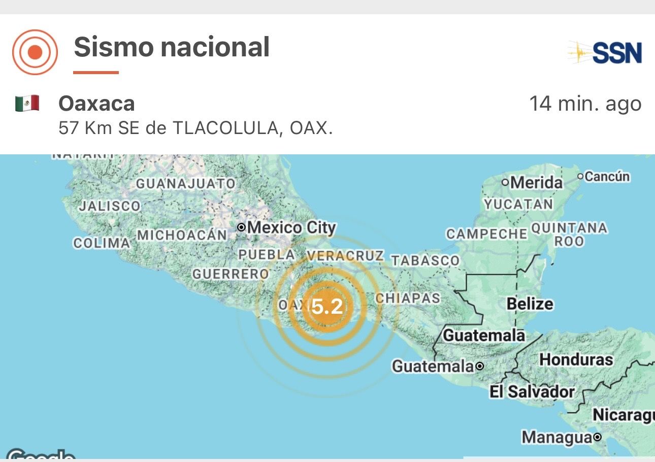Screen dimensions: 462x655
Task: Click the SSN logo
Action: pyautogui.click(x=605, y=52)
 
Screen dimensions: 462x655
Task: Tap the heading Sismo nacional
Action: pyautogui.click(x=172, y=48)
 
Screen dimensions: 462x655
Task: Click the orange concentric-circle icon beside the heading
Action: pyautogui.click(x=35, y=52)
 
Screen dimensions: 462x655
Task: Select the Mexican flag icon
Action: pyautogui.click(x=27, y=104)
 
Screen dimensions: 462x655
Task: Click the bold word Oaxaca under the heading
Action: pyautogui.click(x=96, y=104)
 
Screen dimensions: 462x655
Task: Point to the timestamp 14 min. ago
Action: pyautogui.click(x=585, y=104)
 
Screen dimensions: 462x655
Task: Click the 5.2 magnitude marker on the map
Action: pyautogui.click(x=326, y=307)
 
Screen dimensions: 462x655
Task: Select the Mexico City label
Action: pyautogui.click(x=291, y=228)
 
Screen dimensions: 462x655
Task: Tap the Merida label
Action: pyautogui.click(x=536, y=182)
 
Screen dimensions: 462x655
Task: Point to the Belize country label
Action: pyautogui.click(x=530, y=304)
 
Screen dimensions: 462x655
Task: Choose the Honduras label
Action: pyautogui.click(x=576, y=360)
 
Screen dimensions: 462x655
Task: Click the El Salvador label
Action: pyautogui.click(x=531, y=391)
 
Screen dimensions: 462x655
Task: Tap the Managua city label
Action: pyautogui.click(x=556, y=437)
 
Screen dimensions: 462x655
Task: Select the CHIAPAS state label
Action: pyautogui.click(x=407, y=298)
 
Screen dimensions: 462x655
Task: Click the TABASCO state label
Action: pyautogui.click(x=424, y=260)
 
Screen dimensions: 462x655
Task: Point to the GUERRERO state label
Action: pyautogui.click(x=230, y=274)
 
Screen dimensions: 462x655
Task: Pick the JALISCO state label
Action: pyautogui.click(x=109, y=206)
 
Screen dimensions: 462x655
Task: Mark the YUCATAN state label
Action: pyautogui.click(x=518, y=204)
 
